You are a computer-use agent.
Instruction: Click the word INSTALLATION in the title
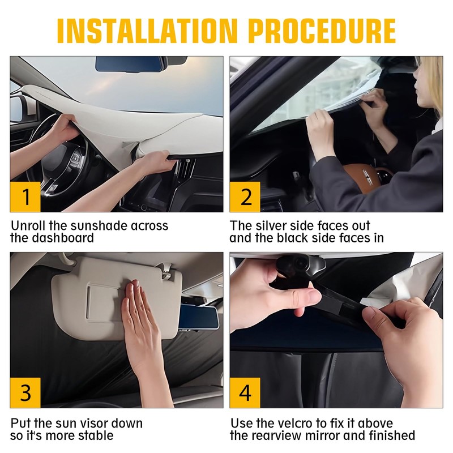[147, 31]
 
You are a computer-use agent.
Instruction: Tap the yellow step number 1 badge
[25, 196]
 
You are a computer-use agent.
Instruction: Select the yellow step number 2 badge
[245, 196]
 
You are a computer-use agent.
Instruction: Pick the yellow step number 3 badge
[25, 392]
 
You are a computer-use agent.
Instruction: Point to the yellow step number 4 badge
[245, 392]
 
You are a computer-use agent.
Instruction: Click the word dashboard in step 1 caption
[63, 238]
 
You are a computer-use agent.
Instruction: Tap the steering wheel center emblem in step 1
[76, 159]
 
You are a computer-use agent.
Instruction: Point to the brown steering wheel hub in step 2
[365, 177]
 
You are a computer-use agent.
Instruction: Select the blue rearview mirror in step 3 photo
[199, 317]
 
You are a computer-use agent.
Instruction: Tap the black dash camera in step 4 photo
[301, 265]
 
